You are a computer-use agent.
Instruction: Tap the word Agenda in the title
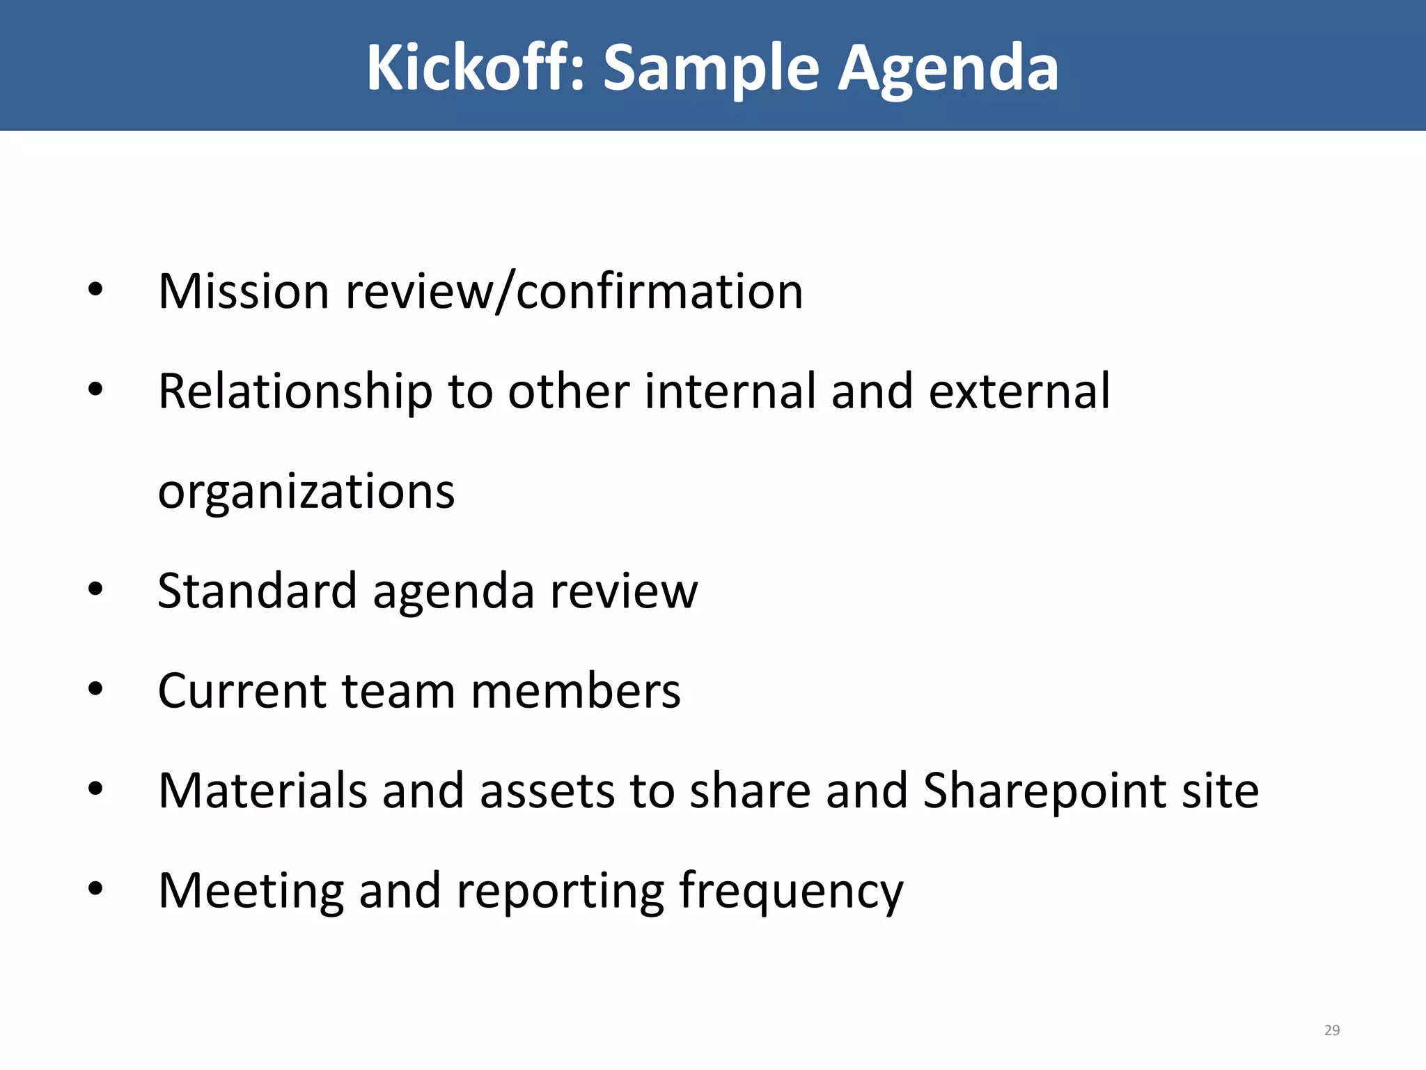point(948,68)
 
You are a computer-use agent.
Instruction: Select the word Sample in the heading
point(711,68)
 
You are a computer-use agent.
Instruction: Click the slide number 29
point(1331,1030)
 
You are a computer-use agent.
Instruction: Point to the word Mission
point(243,291)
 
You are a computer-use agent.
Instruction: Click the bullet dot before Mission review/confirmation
point(95,290)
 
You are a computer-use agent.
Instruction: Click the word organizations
point(306,492)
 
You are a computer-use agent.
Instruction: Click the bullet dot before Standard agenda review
point(95,589)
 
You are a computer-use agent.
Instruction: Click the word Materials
point(263,791)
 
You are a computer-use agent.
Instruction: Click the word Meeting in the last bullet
point(251,891)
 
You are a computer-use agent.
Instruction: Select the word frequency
point(790,891)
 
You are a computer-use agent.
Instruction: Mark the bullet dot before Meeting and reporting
point(95,888)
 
